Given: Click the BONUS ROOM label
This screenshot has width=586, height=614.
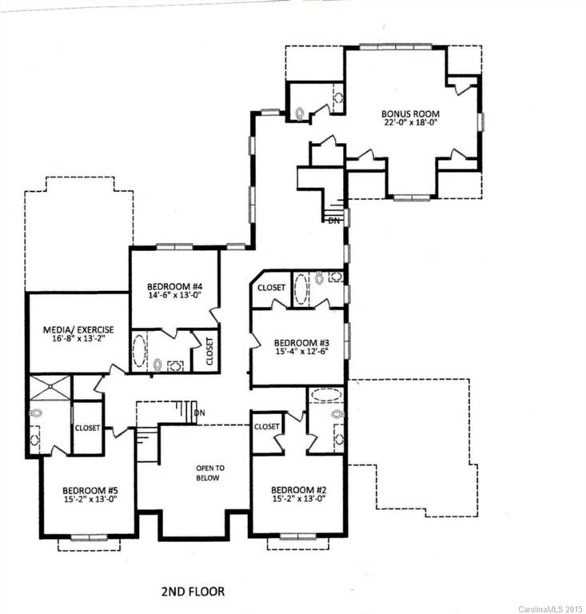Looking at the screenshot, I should coord(410,114).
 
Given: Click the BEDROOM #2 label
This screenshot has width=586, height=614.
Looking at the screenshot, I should coord(297,489).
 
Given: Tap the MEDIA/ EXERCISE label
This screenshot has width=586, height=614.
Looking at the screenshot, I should coord(78,329).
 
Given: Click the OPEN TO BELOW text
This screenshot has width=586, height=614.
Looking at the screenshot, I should coord(207,472).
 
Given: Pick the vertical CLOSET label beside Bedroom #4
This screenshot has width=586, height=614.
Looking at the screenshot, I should coord(209,351).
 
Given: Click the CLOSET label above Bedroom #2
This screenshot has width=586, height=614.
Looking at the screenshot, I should coord(267,427).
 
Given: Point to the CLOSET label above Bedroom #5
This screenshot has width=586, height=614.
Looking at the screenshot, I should coord(87,428).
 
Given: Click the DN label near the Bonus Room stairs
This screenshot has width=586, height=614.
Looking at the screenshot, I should coord(334,220).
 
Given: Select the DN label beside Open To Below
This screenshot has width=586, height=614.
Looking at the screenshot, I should coord(200,413).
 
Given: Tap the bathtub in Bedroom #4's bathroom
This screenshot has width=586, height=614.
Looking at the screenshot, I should coord(139,351).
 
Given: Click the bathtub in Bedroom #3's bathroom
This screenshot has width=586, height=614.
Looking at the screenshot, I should coord(301,289).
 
